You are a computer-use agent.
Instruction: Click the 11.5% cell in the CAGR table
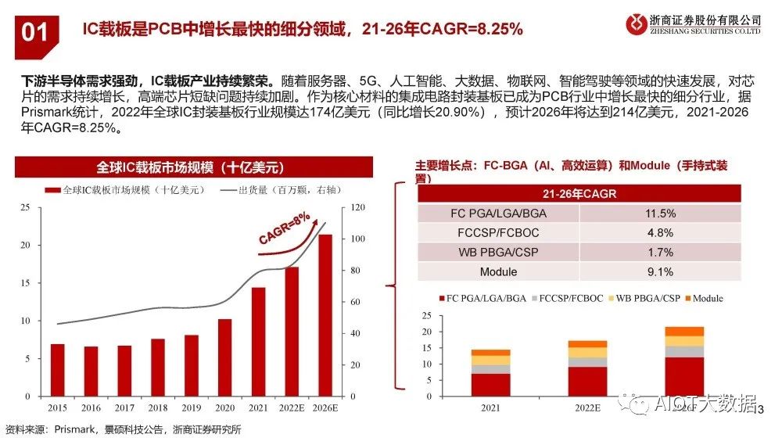pos(660,214)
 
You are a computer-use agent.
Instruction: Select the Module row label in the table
pos(498,272)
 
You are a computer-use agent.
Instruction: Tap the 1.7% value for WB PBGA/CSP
pos(660,253)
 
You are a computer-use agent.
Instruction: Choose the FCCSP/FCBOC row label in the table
pos(498,233)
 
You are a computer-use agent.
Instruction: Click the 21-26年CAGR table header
pos(579,193)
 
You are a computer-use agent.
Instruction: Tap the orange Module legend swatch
pos(688,299)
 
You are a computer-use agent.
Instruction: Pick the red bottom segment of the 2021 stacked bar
pos(490,385)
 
